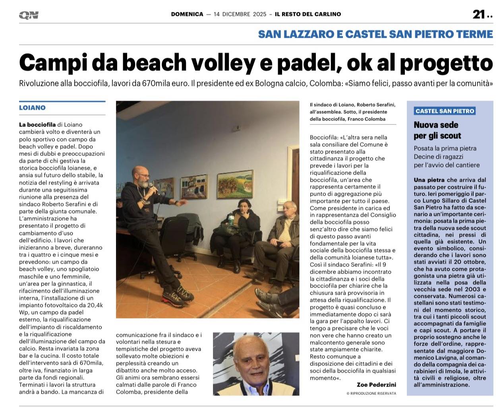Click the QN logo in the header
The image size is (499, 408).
click(29, 15)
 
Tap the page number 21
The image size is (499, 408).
click(478, 15)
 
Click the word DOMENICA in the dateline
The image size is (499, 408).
click(187, 14)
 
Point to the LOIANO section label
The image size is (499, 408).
click(32, 108)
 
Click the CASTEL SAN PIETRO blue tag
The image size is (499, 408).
click(445, 111)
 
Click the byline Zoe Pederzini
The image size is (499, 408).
click(376, 385)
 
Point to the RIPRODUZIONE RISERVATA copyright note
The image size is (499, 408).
click(371, 393)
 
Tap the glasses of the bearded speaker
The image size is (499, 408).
click(143, 175)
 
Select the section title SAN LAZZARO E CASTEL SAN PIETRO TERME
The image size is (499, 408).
click(375, 34)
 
